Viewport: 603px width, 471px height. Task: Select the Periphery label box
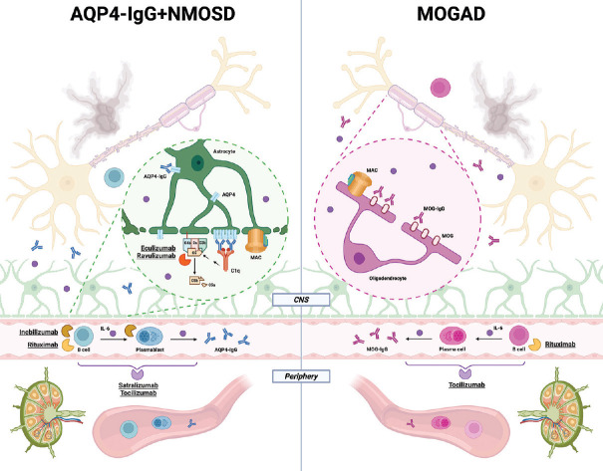[x=301, y=377]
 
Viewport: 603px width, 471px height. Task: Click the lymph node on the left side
[x=40, y=416]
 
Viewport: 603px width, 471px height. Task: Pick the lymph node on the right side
[x=563, y=416]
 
